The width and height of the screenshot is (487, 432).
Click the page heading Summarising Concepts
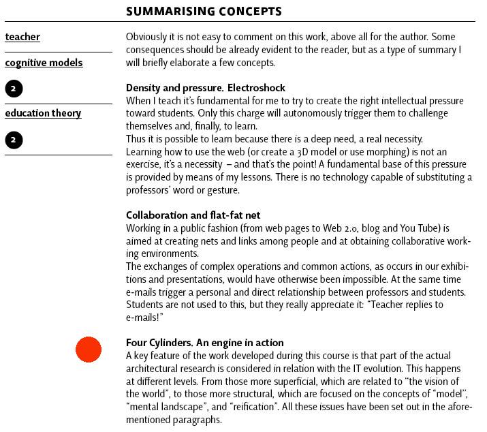tap(204, 11)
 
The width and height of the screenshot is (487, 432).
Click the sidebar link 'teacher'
tap(22, 37)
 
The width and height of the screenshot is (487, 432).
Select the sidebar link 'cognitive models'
tap(44, 63)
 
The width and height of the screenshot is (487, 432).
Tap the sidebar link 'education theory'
tap(43, 113)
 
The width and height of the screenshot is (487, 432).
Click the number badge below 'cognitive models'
tap(14, 89)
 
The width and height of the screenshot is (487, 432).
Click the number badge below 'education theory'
tap(14, 140)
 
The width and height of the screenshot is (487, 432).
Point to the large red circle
tap(89, 350)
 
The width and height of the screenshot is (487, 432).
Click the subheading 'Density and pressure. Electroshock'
tap(205, 88)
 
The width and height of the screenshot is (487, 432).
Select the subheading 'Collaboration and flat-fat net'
tap(193, 215)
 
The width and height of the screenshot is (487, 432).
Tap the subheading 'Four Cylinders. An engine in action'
tap(204, 343)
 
